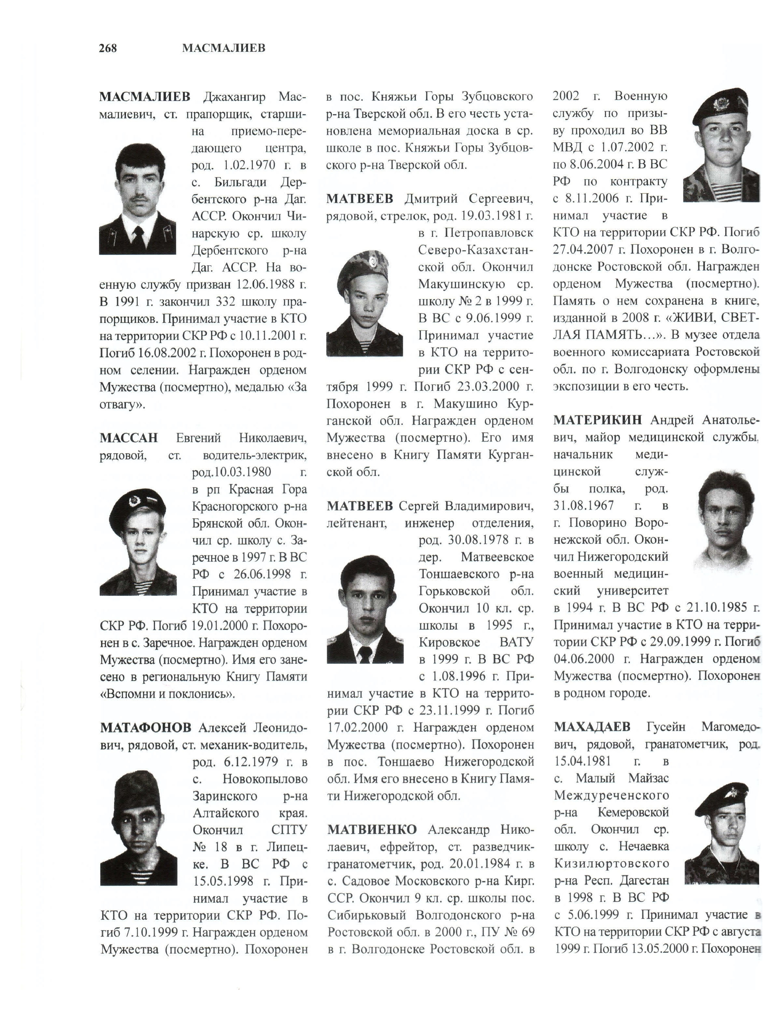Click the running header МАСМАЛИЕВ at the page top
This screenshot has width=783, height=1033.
[223, 48]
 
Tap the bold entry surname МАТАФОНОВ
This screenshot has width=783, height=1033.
[145, 727]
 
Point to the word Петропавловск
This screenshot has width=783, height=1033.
[488, 233]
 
